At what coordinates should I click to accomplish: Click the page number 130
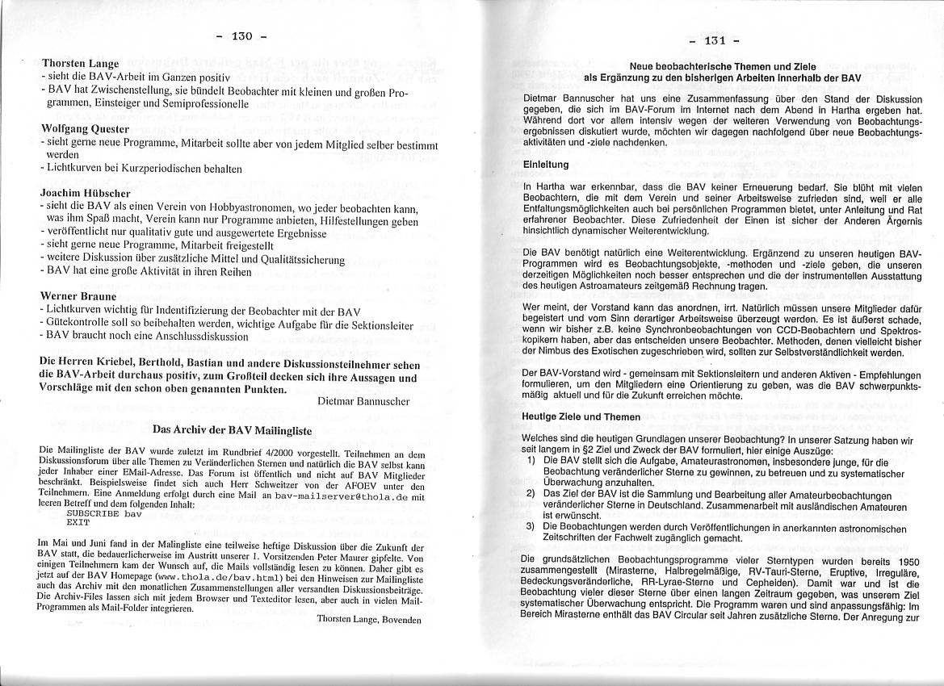point(242,36)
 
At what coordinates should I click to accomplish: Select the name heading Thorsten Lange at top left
point(81,63)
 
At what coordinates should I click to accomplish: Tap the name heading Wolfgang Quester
point(85,128)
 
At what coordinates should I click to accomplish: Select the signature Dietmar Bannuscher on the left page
point(363,400)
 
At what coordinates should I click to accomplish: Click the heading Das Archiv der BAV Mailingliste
point(233,430)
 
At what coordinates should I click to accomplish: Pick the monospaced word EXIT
point(78,522)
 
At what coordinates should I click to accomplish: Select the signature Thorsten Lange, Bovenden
point(370,619)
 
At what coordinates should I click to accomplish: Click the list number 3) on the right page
point(531,526)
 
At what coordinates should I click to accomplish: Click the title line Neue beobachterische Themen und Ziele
point(723,66)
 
